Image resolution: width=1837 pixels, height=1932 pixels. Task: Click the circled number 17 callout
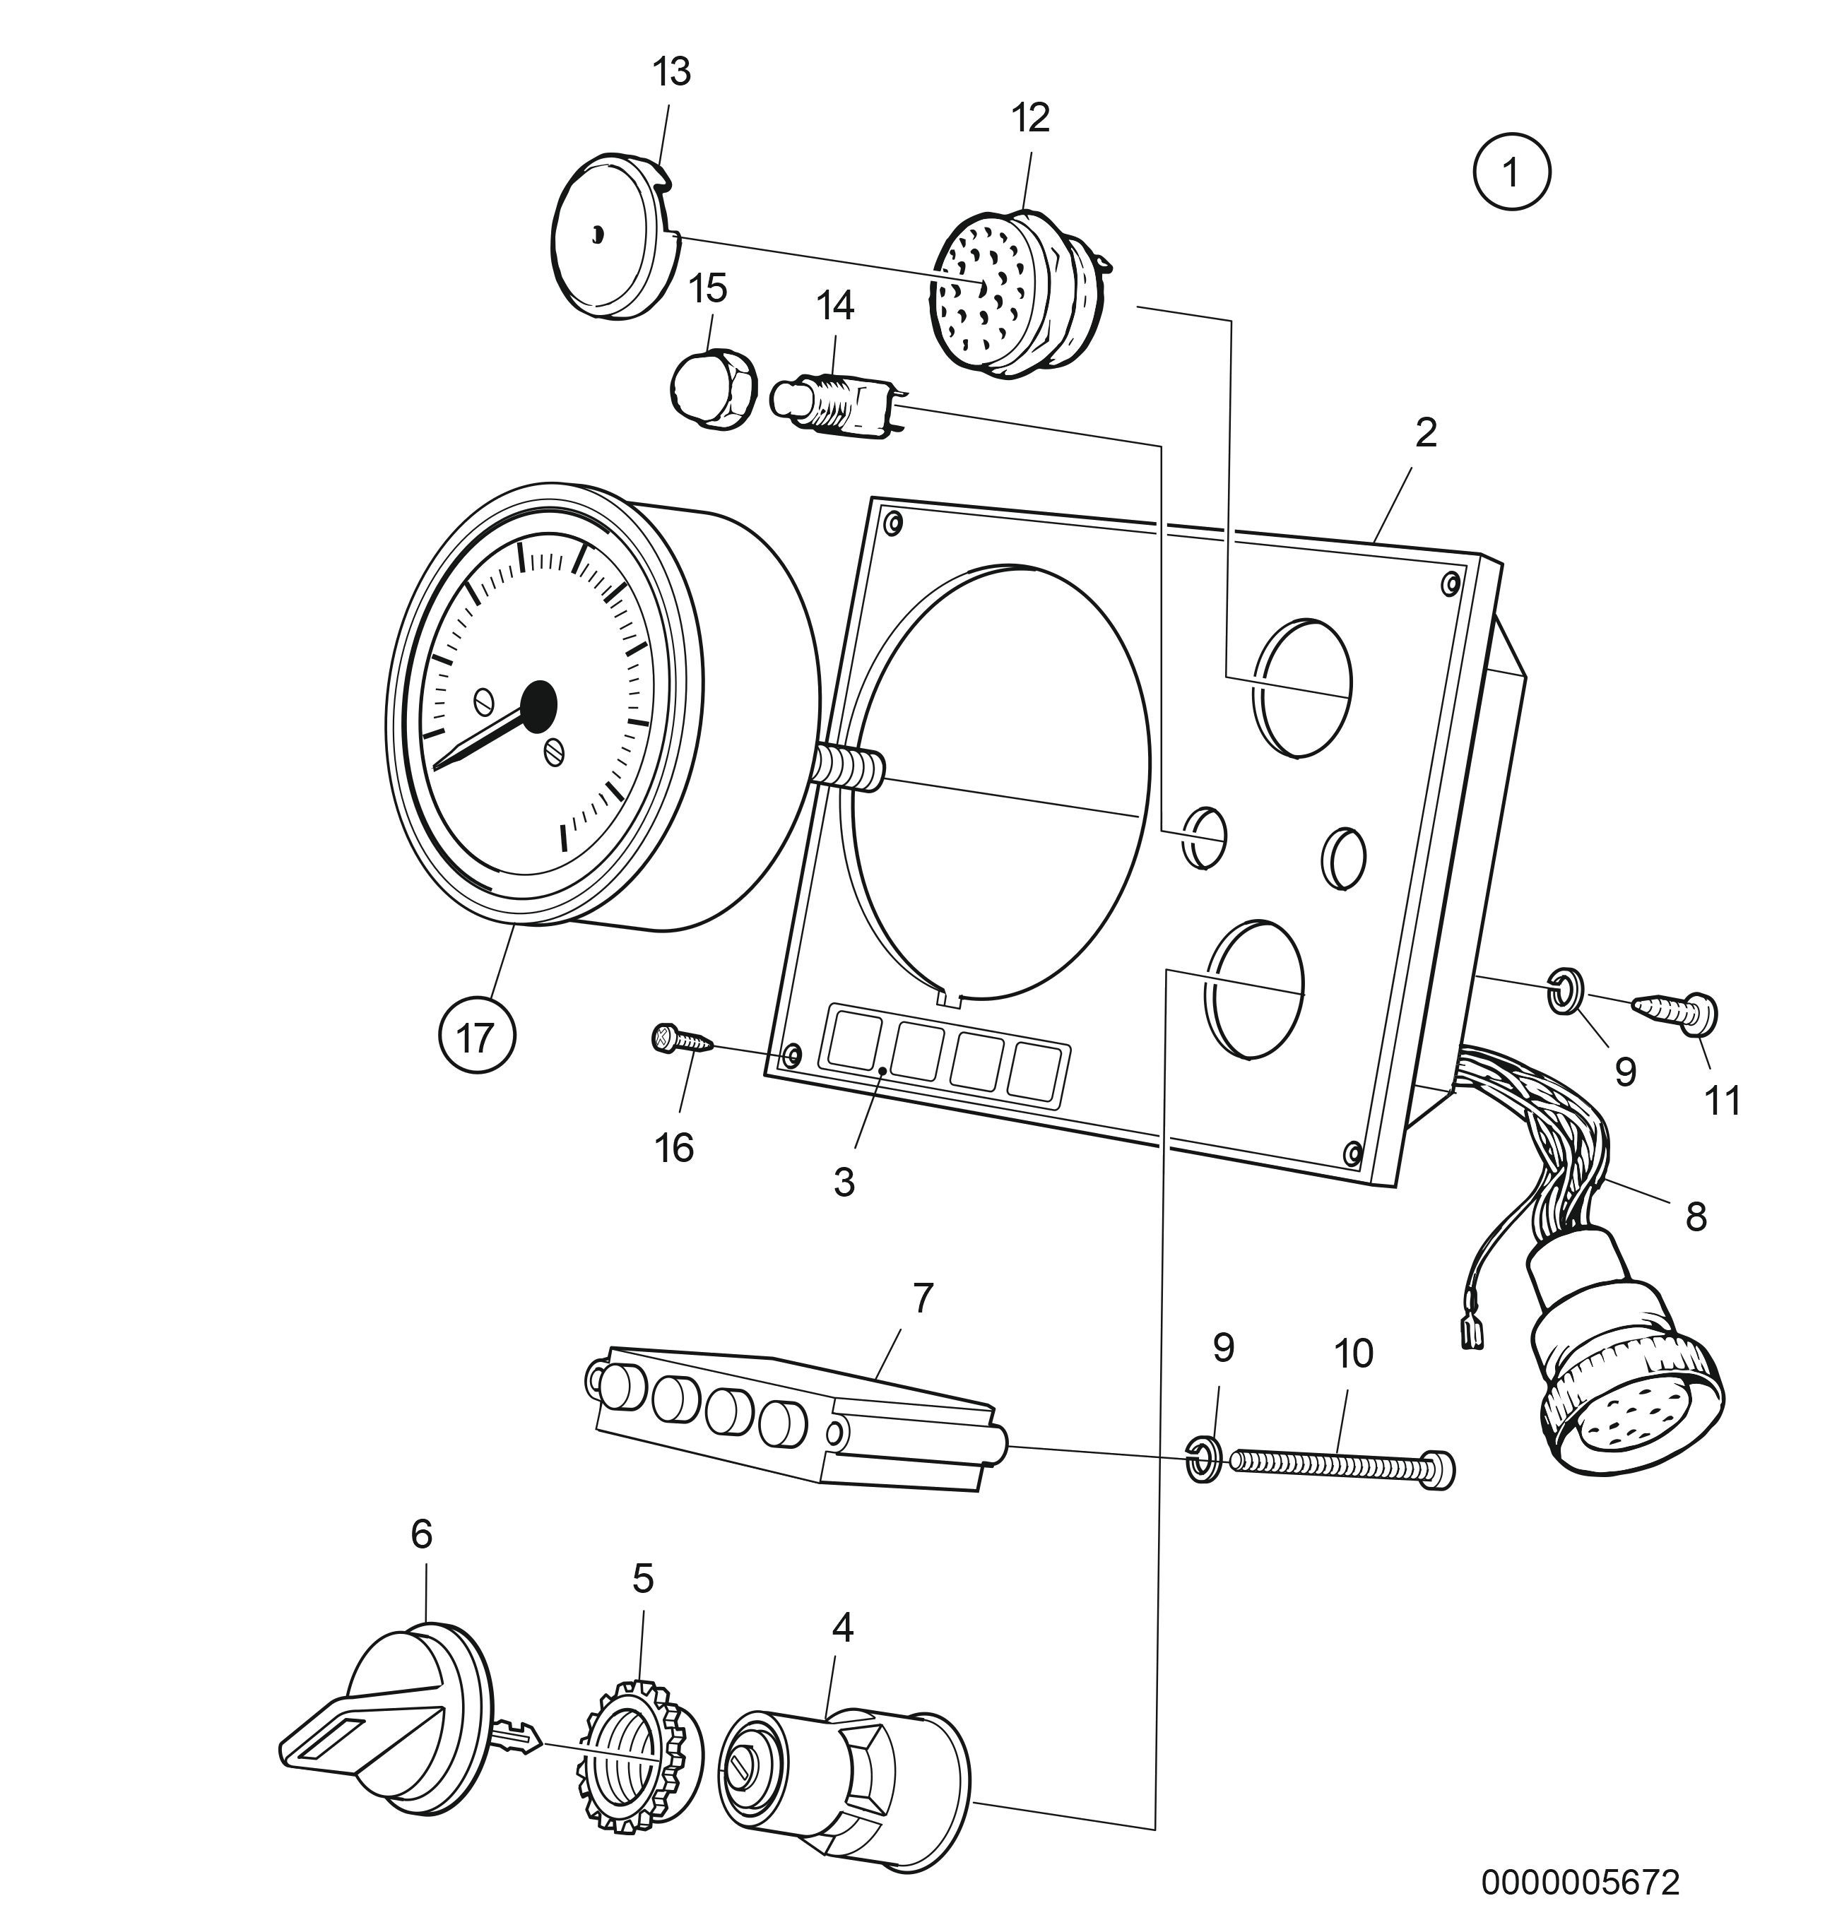pyautogui.click(x=477, y=1036)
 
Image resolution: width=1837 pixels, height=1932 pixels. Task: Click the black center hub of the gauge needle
pyautogui.click(x=538, y=705)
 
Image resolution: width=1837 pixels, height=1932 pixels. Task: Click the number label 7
pyautogui.click(x=923, y=1298)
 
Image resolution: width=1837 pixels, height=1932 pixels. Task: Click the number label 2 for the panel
pyautogui.click(x=1426, y=433)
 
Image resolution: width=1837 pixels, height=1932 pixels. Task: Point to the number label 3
pyautogui.click(x=844, y=1183)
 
